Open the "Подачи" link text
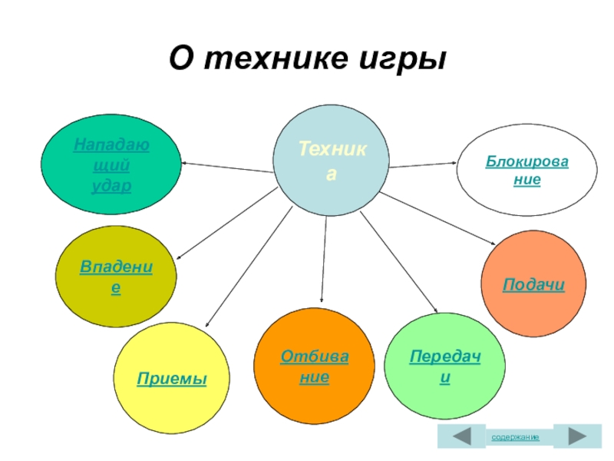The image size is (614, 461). coord(534,285)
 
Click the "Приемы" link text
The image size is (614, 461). coord(172,379)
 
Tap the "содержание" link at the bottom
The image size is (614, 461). coord(515,436)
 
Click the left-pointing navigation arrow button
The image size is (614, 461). coord(461,436)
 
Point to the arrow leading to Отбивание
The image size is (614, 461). coord(324,261)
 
